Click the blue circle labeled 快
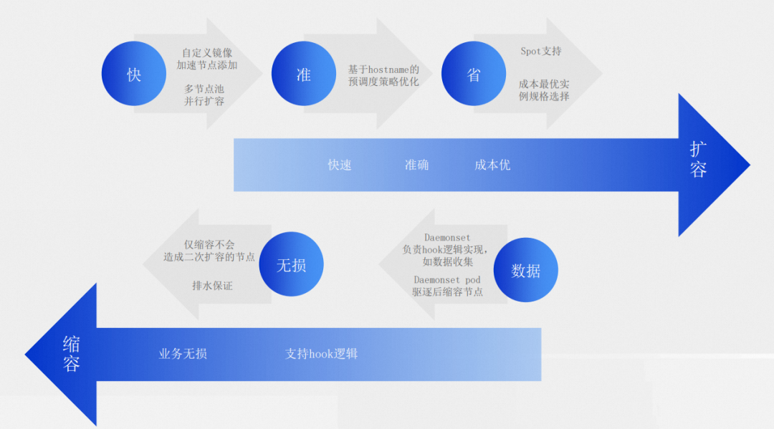(x=134, y=74)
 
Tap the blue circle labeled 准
(x=304, y=74)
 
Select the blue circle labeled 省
(x=474, y=74)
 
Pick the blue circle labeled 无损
(x=291, y=265)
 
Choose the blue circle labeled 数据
(x=526, y=270)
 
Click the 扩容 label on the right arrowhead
(x=699, y=159)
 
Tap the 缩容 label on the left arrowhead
(x=71, y=353)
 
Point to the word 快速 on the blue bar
(x=340, y=165)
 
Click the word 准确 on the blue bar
(x=416, y=165)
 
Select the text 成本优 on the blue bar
(x=492, y=165)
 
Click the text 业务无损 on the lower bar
(x=183, y=354)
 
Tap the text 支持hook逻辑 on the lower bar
(x=322, y=354)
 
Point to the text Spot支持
(x=541, y=52)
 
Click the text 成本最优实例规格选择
(x=544, y=90)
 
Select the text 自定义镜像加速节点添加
(x=207, y=59)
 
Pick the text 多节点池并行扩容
(x=204, y=95)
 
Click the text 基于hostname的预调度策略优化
(x=383, y=75)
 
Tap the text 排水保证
(x=212, y=286)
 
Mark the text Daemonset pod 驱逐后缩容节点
(x=447, y=286)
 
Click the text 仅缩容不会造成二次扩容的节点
(x=209, y=251)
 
